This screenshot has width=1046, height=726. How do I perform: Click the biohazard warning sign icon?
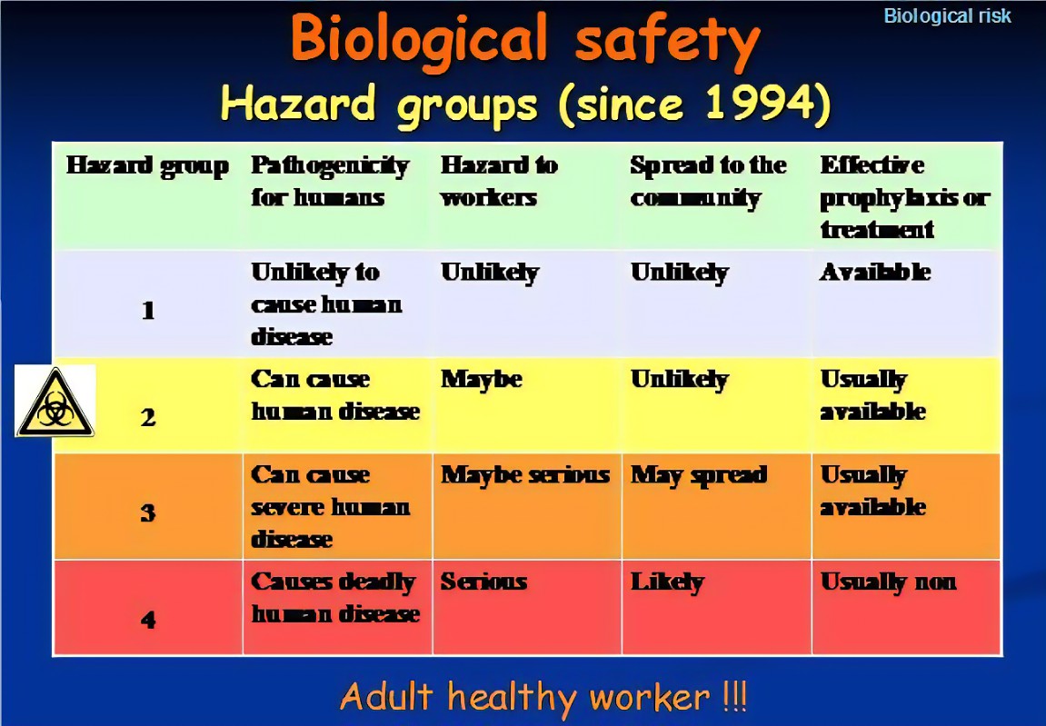[55, 401]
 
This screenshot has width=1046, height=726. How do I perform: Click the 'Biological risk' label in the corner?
[947, 16]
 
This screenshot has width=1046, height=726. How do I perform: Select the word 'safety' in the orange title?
[667, 42]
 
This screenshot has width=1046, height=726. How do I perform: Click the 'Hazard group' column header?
[147, 166]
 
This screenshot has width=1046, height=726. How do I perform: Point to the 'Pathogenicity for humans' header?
[330, 182]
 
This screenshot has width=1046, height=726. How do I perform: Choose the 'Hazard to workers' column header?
[499, 182]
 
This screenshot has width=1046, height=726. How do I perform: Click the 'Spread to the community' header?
[708, 182]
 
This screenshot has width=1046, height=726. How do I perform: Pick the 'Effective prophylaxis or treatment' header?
[904, 197]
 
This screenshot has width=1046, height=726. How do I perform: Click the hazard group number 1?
[148, 310]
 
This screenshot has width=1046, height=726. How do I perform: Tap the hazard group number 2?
[148, 418]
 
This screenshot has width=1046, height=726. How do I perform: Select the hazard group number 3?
[148, 513]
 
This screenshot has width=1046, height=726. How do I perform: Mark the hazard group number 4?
[148, 620]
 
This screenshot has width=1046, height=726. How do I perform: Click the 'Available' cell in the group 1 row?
[874, 273]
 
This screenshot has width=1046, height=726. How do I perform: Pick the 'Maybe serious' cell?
[525, 475]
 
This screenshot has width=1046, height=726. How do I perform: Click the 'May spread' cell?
[699, 475]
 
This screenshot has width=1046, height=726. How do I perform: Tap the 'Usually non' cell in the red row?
[888, 582]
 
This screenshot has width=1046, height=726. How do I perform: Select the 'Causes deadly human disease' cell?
[334, 598]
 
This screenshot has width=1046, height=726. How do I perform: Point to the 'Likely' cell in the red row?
[667, 582]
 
